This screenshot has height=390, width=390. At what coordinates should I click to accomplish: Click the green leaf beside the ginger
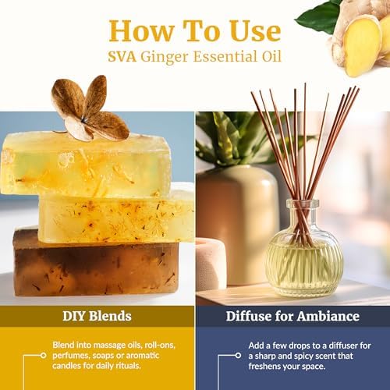(318, 16)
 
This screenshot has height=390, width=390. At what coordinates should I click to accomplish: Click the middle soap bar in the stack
(117, 216)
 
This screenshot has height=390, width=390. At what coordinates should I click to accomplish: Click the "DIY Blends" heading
(97, 317)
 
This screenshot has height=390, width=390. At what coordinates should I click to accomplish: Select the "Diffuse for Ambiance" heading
(292, 317)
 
